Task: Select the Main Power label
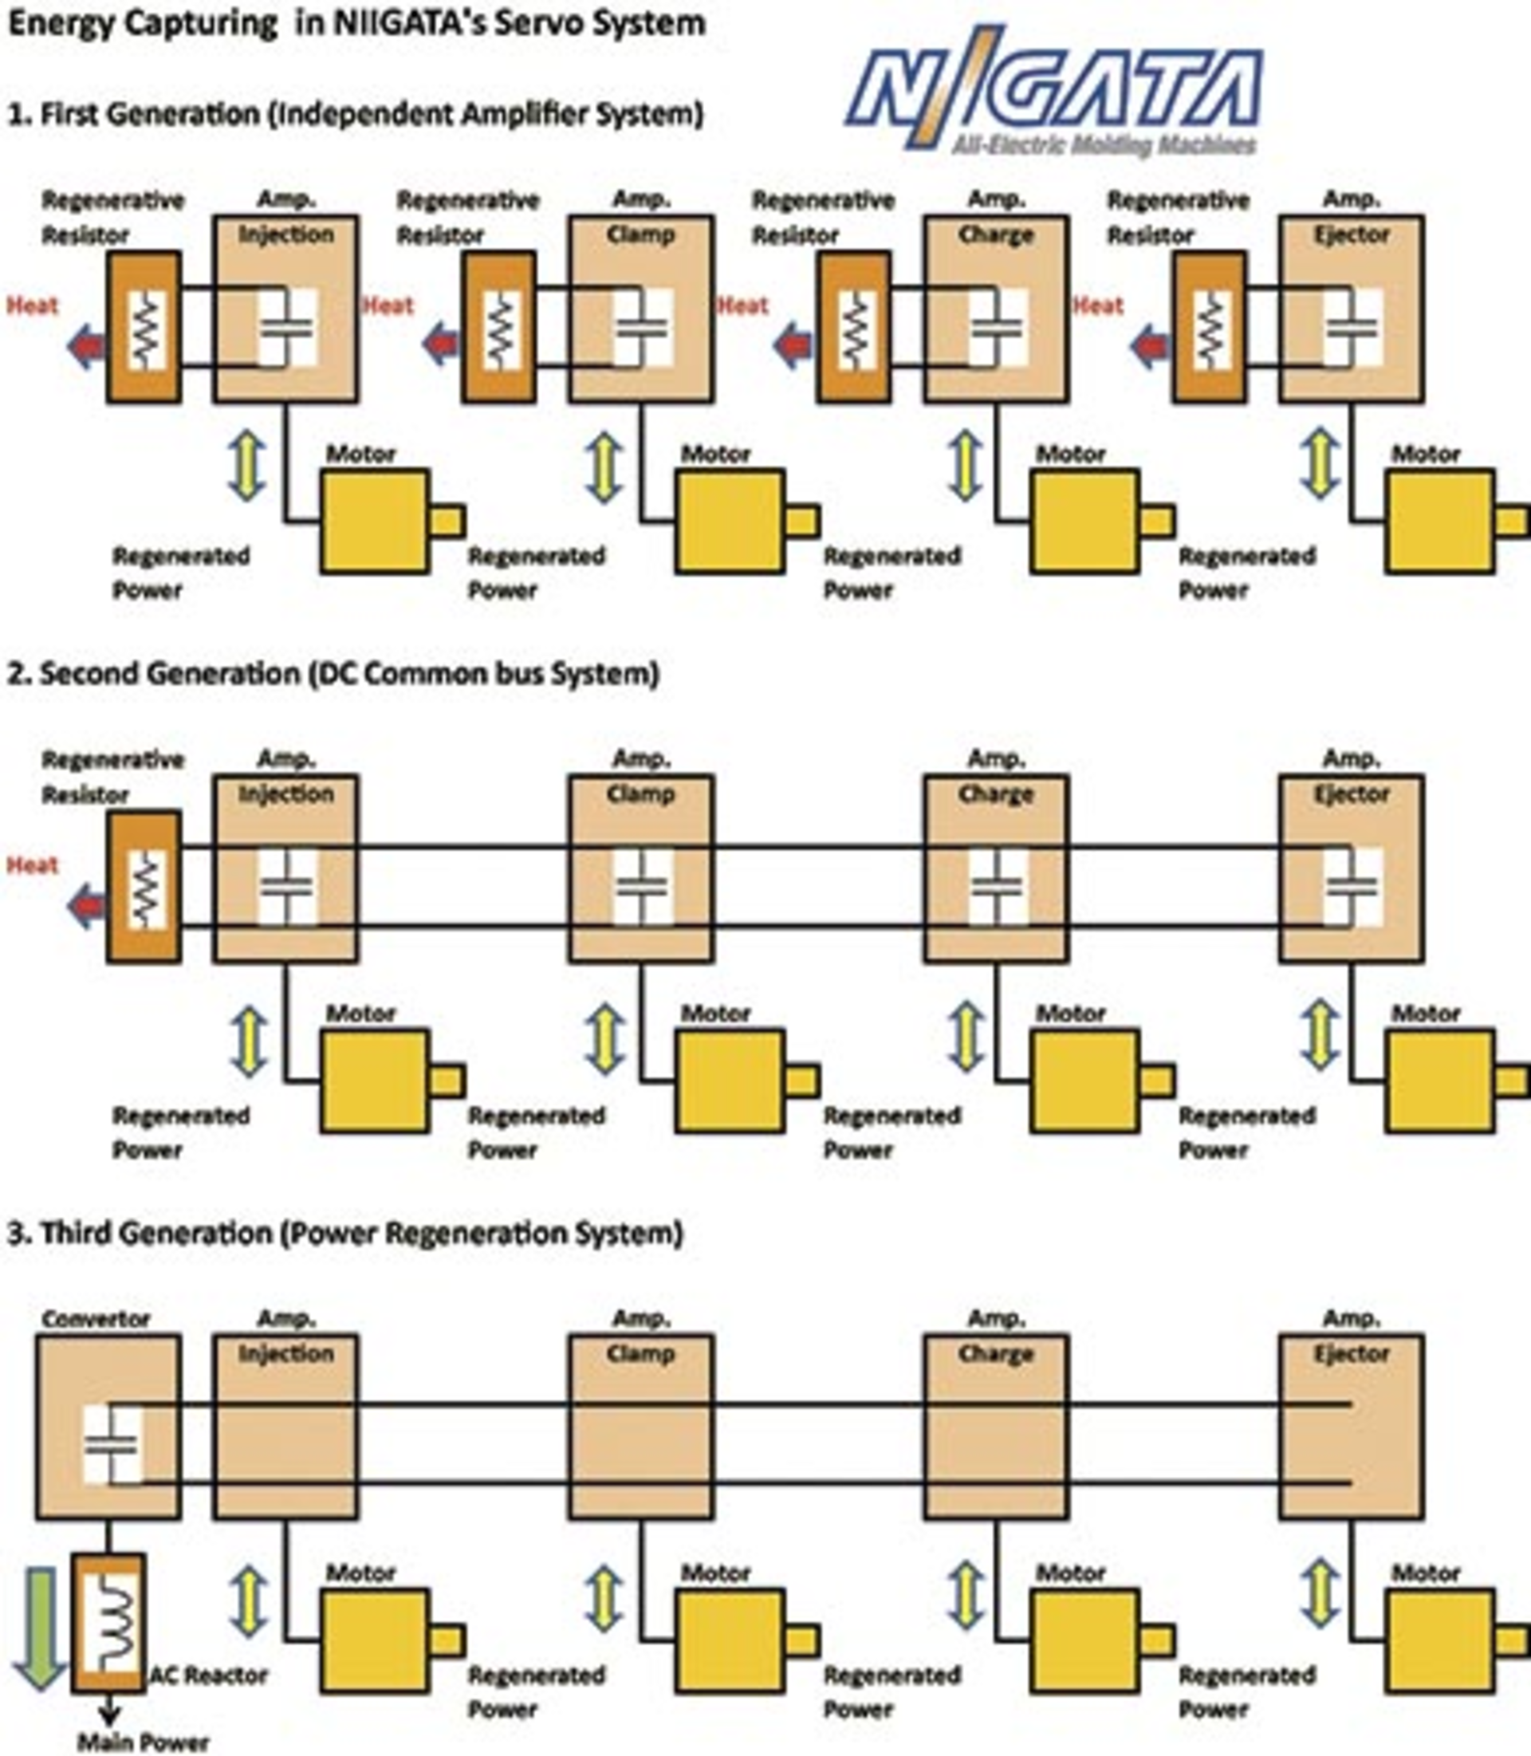point(143,1741)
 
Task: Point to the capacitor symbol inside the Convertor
point(112,1444)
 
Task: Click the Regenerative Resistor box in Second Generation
point(144,886)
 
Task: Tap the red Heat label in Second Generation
point(33,864)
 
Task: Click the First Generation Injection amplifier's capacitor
point(287,327)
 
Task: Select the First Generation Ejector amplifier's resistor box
point(1209,327)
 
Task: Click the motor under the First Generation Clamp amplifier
point(731,521)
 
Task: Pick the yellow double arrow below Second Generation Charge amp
point(966,1039)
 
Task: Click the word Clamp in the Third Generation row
point(641,1353)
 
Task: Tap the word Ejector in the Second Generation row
point(1351,793)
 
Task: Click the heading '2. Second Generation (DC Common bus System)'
point(333,673)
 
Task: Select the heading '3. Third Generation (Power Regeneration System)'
point(345,1233)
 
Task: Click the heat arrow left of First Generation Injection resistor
point(85,347)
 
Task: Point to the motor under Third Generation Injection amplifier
point(376,1640)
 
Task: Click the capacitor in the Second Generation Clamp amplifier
point(643,886)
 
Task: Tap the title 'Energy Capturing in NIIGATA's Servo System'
point(356,23)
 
